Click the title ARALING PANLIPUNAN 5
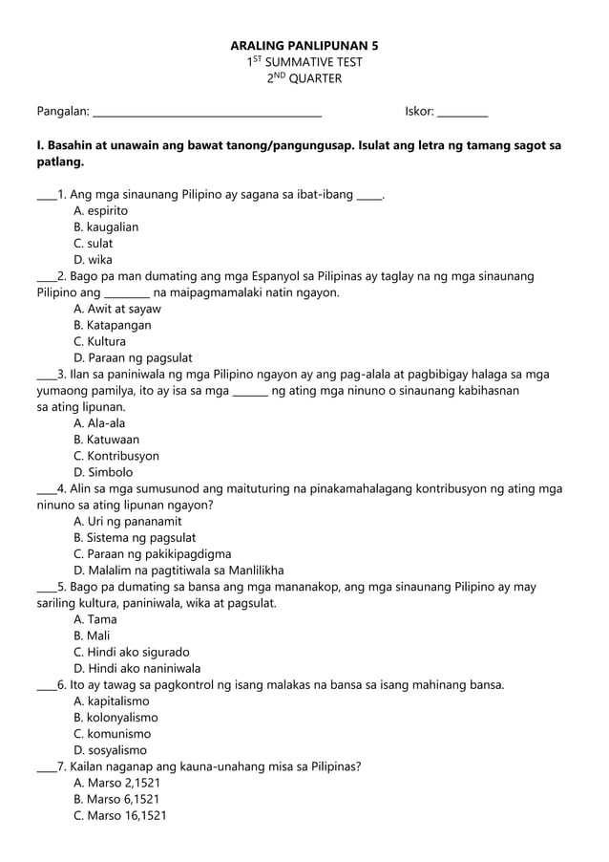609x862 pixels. [304, 45]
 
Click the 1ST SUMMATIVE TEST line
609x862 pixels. [304, 62]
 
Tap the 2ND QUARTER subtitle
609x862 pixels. [304, 79]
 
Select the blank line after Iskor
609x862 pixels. [462, 114]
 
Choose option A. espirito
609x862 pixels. [100, 210]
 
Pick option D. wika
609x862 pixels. [93, 259]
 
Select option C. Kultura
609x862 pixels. [99, 341]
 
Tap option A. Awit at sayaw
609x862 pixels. [116, 309]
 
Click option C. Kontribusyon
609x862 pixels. [115, 456]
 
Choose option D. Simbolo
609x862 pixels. [103, 472]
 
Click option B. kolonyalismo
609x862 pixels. [115, 717]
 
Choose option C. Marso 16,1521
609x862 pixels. [119, 815]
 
